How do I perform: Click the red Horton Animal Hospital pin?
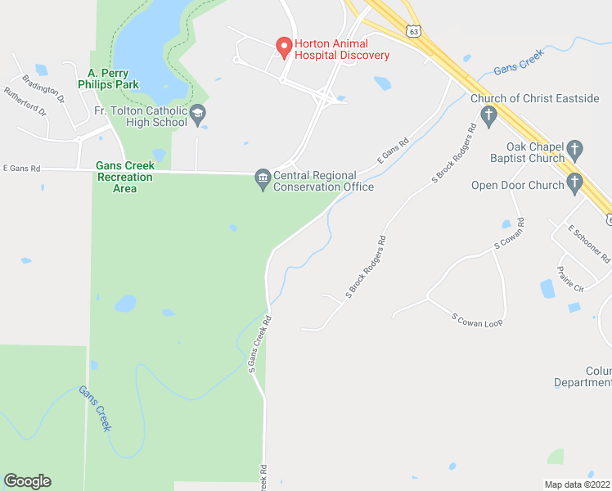284,47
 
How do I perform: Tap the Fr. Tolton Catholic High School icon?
198,115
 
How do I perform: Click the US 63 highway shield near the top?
414,31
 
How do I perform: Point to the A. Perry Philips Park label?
109,83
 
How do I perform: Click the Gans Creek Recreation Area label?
125,177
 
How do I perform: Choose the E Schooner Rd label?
589,243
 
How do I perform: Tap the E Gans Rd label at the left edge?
21,168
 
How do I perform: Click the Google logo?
27,481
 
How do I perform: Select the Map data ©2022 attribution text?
577,484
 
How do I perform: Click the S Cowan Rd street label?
509,234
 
